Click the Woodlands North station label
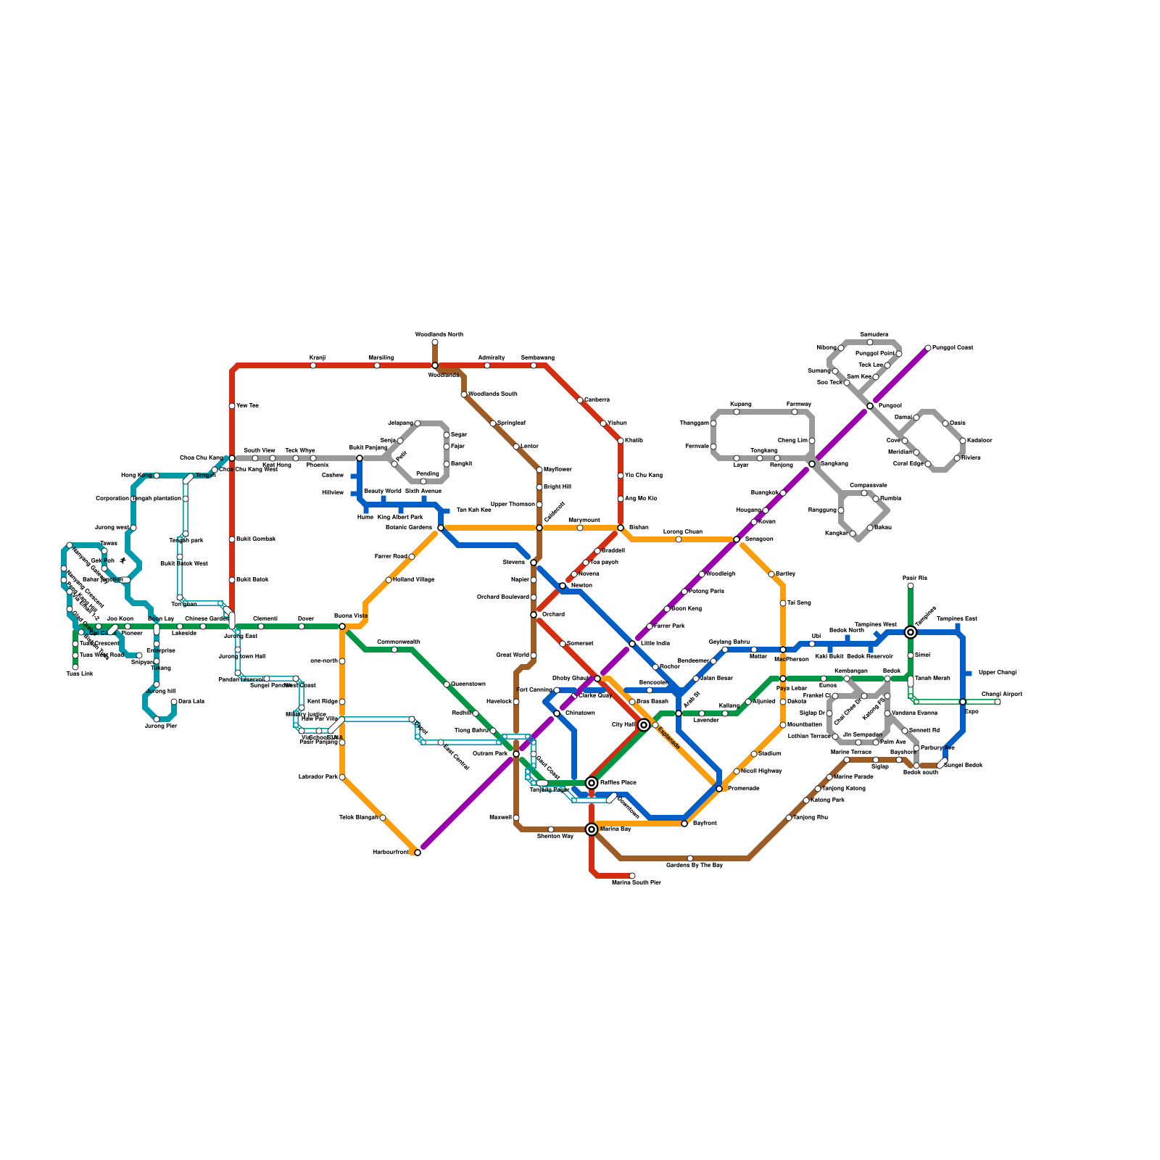coord(439,334)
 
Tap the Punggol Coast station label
coord(953,348)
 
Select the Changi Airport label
coord(1001,695)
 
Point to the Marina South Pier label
coord(636,882)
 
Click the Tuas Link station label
coord(80,674)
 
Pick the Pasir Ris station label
coord(914,579)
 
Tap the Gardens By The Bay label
coord(694,865)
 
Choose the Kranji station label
coord(318,357)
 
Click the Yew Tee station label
coord(247,406)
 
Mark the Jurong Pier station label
coord(161,726)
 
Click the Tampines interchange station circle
coord(911,632)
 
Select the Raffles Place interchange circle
coord(592,783)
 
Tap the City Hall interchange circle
coord(644,725)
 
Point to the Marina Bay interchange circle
coord(592,829)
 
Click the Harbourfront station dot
coord(418,853)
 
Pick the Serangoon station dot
coord(737,539)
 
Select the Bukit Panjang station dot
coord(360,458)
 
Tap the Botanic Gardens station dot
coord(441,528)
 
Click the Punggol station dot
coord(870,406)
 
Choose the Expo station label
coord(971,711)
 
